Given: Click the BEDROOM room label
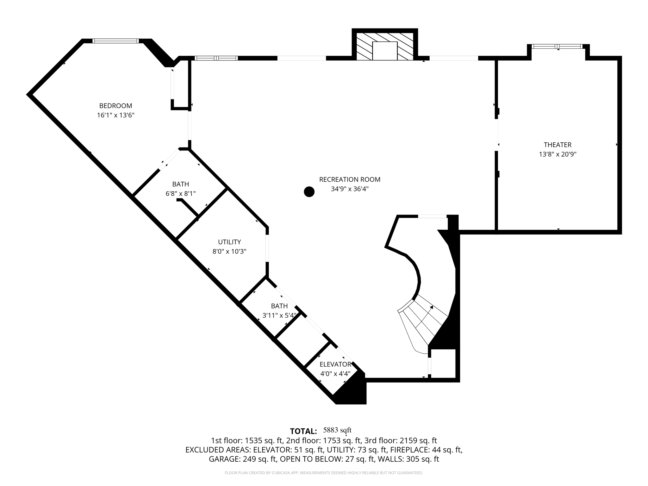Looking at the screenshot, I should click(115, 106).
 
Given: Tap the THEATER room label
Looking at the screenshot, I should click(558, 145).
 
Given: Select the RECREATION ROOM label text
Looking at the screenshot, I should click(350, 179).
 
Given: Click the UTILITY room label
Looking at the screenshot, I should click(229, 242).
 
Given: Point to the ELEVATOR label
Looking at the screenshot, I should click(335, 364).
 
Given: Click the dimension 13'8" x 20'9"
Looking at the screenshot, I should click(558, 154).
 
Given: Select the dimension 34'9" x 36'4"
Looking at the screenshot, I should click(350, 189).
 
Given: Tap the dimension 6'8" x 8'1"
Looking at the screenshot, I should click(181, 194).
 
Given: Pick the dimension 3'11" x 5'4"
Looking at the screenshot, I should click(279, 315).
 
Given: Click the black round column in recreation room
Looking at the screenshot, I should click(309, 192).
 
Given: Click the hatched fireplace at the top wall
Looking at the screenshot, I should click(385, 46).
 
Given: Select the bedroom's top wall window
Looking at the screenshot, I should click(115, 41).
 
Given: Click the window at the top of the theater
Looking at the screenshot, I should click(557, 47).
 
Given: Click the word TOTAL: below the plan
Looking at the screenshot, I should click(303, 431).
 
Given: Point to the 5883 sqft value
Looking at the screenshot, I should click(337, 430).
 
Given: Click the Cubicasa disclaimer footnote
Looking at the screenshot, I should click(324, 473).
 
